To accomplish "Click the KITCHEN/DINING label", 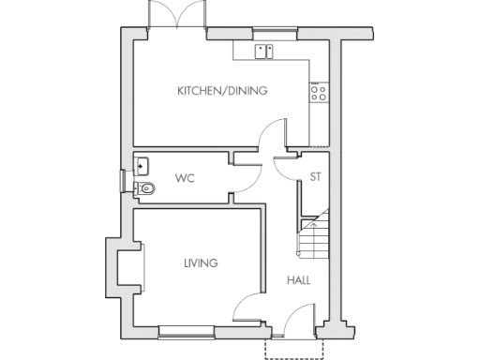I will tap(222, 91).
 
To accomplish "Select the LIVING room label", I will tap(201, 263).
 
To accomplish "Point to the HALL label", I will tap(299, 280).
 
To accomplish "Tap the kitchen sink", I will tap(264, 51).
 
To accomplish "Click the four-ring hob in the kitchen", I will tap(318, 92).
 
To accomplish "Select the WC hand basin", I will tap(142, 166).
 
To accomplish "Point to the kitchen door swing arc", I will tap(273, 136).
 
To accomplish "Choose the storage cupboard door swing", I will tap(286, 167).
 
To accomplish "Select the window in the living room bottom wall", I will tap(186, 330).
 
